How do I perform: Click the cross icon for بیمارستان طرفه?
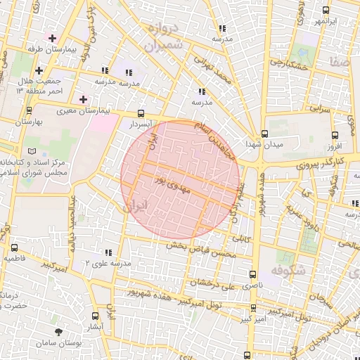pyautogui.click(x=53, y=37)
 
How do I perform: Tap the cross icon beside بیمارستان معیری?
pyautogui.click(x=83, y=99)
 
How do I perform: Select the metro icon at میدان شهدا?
pyautogui.click(x=264, y=134)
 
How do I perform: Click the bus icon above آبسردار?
pyautogui.click(x=141, y=113)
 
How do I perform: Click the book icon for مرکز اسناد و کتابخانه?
pyautogui.click(x=30, y=151)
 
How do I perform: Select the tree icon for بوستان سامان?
pyautogui.click(x=57, y=331)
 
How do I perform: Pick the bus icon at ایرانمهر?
pyautogui.click(x=324, y=11)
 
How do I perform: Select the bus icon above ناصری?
pyautogui.click(x=252, y=275)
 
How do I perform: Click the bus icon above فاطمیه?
pyautogui.click(x=15, y=247)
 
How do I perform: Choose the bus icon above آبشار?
pyautogui.click(x=96, y=316)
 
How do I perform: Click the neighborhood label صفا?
pyautogui.click(x=334, y=63)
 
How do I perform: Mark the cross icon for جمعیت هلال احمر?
pyautogui.click(x=39, y=70)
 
